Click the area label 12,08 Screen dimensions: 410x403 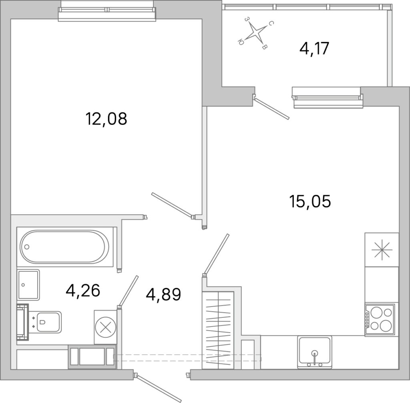pyautogui.click(x=106, y=118)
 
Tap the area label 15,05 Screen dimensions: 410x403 pyautogui.click(x=310, y=202)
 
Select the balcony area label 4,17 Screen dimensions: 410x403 pyautogui.click(x=314, y=48)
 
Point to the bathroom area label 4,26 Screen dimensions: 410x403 pyautogui.click(x=83, y=291)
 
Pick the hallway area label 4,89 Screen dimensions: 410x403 pyautogui.click(x=163, y=294)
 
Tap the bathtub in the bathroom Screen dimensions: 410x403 pyautogui.click(x=64, y=247)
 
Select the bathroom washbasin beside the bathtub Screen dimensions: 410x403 pyautogui.click(x=28, y=285)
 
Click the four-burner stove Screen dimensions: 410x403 pyautogui.click(x=380, y=319)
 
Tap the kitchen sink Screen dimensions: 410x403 pyautogui.click(x=315, y=352)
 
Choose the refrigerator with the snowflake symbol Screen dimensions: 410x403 pyautogui.click(x=382, y=250)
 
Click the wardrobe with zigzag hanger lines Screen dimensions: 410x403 pyautogui.click(x=218, y=330)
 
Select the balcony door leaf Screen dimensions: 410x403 pyautogui.click(x=272, y=109)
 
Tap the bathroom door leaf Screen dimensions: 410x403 pyautogui.click(x=128, y=291)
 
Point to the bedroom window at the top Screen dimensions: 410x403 pyautogui.click(x=107, y=11)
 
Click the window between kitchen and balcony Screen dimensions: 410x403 pyautogui.click(x=328, y=98)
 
